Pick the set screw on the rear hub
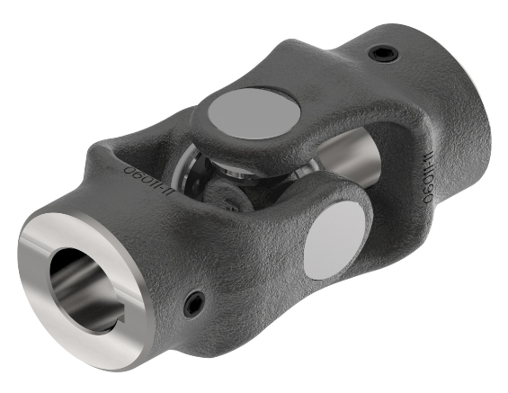pyautogui.click(x=383, y=56)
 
